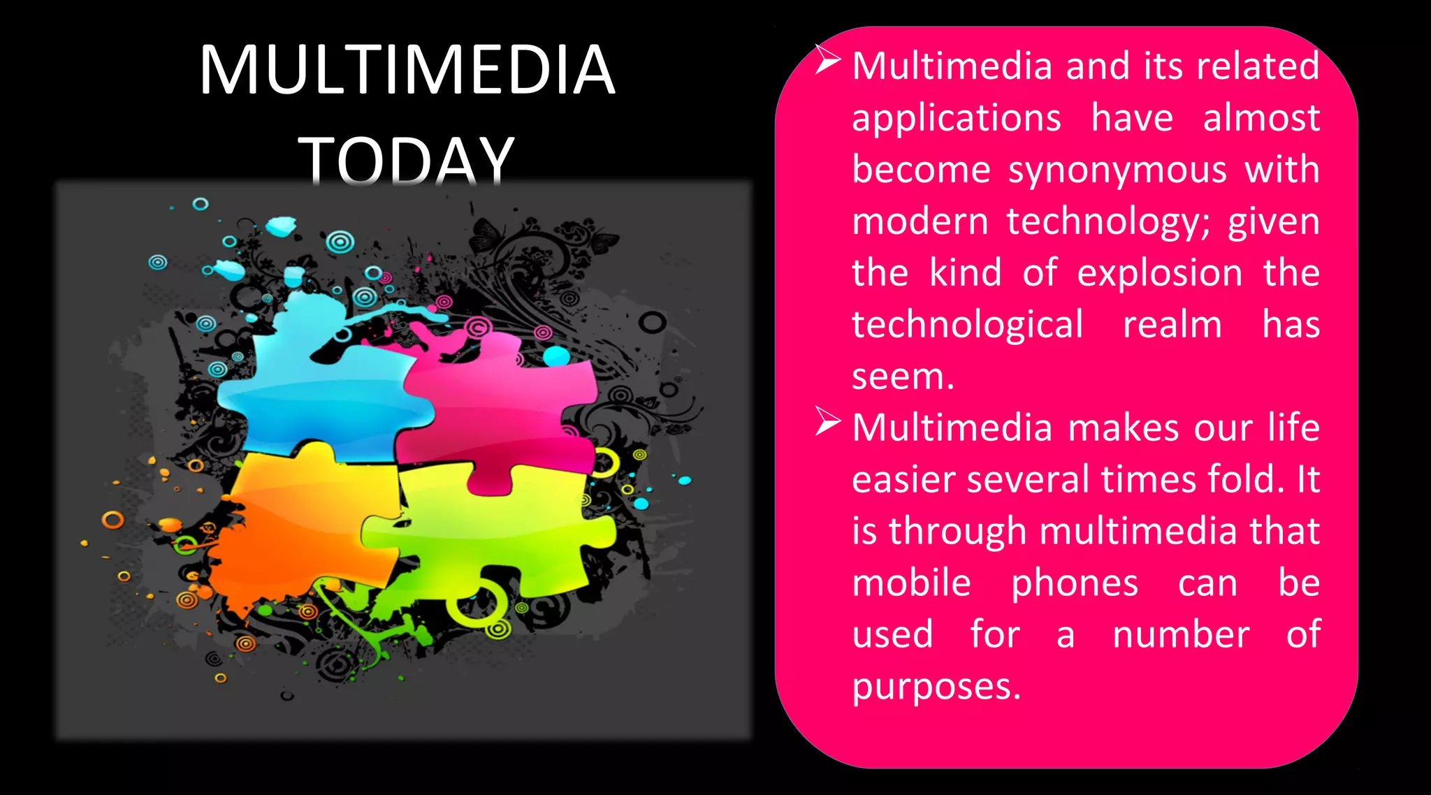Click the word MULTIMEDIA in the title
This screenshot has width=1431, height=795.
pyautogui.click(x=407, y=70)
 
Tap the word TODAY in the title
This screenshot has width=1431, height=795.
pyautogui.click(x=407, y=161)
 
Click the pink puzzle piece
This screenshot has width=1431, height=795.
pyautogui.click(x=496, y=405)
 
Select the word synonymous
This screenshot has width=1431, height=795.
pyautogui.click(x=1117, y=170)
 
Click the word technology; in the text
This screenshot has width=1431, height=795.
pyautogui.click(x=1108, y=222)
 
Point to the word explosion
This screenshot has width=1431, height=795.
pyautogui.click(x=1159, y=273)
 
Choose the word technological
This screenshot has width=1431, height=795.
pyautogui.click(x=968, y=325)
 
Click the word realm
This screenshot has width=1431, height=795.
pyautogui.click(x=1172, y=325)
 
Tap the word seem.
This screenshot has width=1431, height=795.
pyautogui.click(x=902, y=377)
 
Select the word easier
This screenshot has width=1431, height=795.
pyautogui.click(x=902, y=480)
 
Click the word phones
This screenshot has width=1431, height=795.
pyautogui.click(x=1075, y=583)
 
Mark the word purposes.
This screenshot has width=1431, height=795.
pyautogui.click(x=936, y=687)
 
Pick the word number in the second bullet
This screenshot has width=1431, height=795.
pyautogui.click(x=1181, y=635)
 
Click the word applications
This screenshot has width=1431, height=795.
pyautogui.click(x=957, y=117)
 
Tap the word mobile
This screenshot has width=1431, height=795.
pyautogui.click(x=911, y=583)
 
